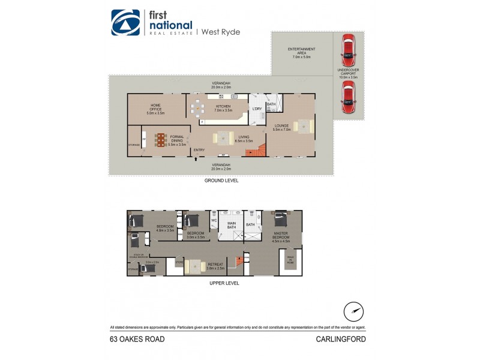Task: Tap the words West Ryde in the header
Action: pyautogui.click(x=220, y=32)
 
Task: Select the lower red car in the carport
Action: pyautogui.click(x=347, y=97)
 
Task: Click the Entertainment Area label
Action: pyautogui.click(x=302, y=52)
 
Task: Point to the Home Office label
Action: pyautogui.click(x=155, y=107)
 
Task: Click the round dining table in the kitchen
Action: pyautogui.click(x=198, y=109)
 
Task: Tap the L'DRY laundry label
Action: pyautogui.click(x=256, y=109)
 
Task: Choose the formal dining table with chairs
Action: pyautogui.click(x=160, y=140)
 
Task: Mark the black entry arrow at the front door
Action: pyautogui.click(x=194, y=160)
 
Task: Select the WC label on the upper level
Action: pyautogui.click(x=213, y=220)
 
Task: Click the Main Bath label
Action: pyautogui.click(x=231, y=226)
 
